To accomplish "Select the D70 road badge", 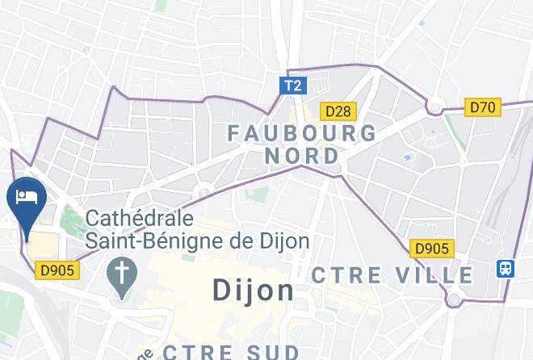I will pos(484,107).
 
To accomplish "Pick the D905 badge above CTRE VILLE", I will pos(432,249).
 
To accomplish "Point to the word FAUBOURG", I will pos(301,132).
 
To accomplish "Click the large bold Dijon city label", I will pos(254,291).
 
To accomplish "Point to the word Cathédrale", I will pos(139,219).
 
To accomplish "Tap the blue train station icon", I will pos(506,268).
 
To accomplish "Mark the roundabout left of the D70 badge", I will pos(436,107).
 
